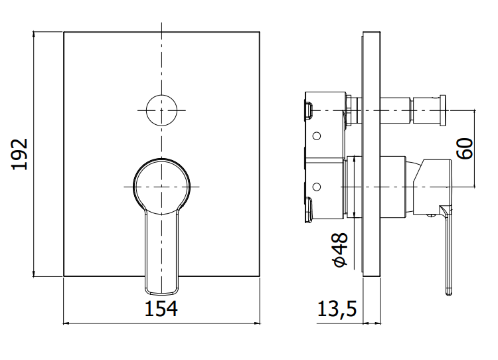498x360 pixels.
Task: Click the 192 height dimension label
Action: [20, 154]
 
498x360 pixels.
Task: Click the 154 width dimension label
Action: [161, 309]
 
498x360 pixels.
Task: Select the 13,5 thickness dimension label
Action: [337, 309]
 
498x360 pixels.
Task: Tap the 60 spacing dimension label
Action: [465, 148]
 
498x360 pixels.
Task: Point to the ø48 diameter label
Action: [339, 250]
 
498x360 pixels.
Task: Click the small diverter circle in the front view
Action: [161, 110]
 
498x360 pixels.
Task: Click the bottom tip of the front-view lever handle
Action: [161, 294]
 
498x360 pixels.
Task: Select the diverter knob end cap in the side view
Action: [442, 110]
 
